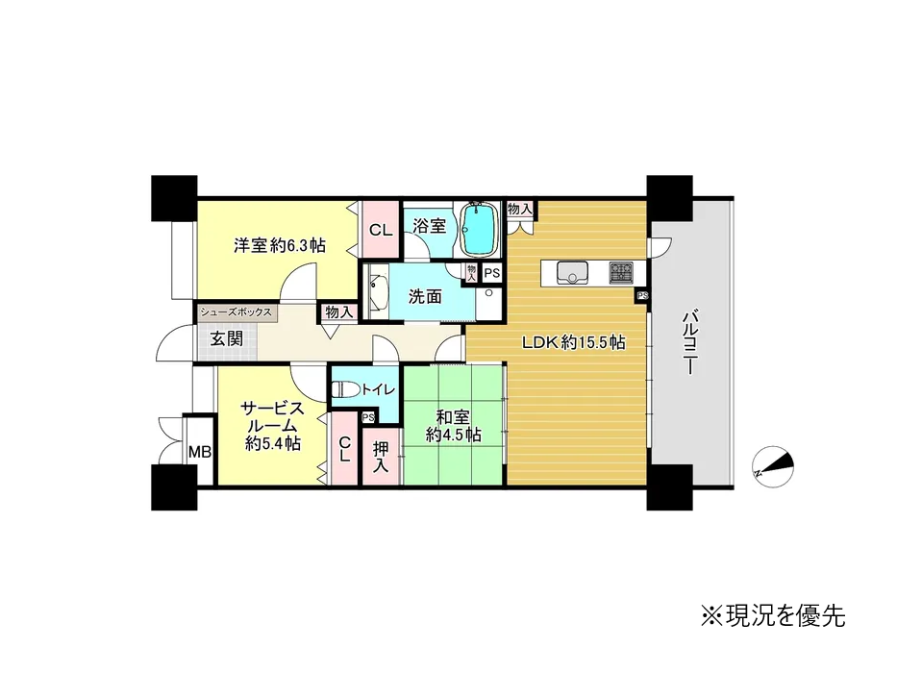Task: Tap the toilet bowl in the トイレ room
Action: click(345, 390)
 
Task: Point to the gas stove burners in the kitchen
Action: click(621, 272)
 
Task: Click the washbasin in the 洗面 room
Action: click(378, 291)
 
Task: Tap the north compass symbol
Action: click(772, 466)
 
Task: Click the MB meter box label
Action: click(200, 452)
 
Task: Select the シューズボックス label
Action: click(236, 312)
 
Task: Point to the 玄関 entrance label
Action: click(227, 338)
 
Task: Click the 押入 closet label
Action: click(381, 456)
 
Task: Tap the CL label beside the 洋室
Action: click(381, 230)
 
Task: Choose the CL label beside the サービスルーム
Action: click(344, 450)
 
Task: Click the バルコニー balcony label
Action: click(690, 341)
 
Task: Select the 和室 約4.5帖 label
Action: click(453, 426)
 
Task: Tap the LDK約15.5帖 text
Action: click(573, 343)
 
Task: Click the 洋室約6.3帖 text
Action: click(280, 245)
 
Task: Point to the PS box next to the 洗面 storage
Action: click(492, 274)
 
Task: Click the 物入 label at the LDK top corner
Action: click(520, 209)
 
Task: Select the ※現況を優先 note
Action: click(773, 615)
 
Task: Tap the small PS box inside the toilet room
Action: click(368, 417)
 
